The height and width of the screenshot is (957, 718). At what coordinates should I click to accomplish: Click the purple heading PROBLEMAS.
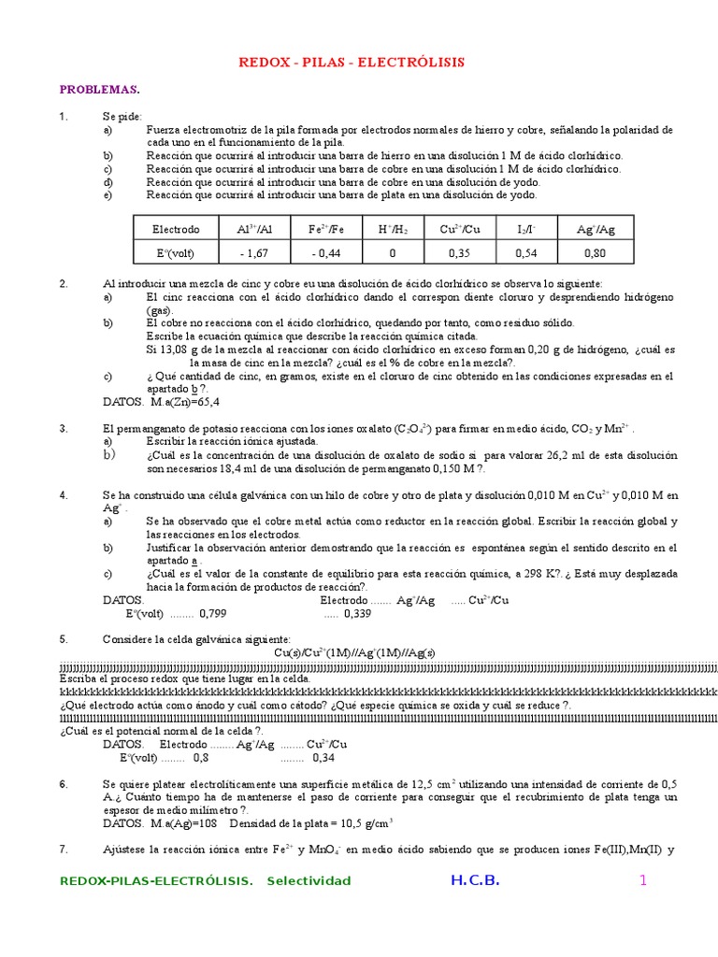tap(99, 90)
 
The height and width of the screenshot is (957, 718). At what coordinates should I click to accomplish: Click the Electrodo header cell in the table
tap(177, 229)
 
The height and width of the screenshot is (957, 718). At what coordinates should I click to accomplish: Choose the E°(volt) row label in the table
tap(177, 252)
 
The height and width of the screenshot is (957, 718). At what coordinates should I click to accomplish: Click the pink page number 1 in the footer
tap(643, 880)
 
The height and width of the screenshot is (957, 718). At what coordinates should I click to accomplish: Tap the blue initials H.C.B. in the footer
tap(475, 880)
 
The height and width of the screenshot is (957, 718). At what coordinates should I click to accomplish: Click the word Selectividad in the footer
tap(309, 881)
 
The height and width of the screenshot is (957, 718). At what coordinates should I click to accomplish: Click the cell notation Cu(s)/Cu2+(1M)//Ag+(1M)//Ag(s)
tap(354, 652)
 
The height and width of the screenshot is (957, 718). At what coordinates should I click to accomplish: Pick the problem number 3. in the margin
tap(64, 428)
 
